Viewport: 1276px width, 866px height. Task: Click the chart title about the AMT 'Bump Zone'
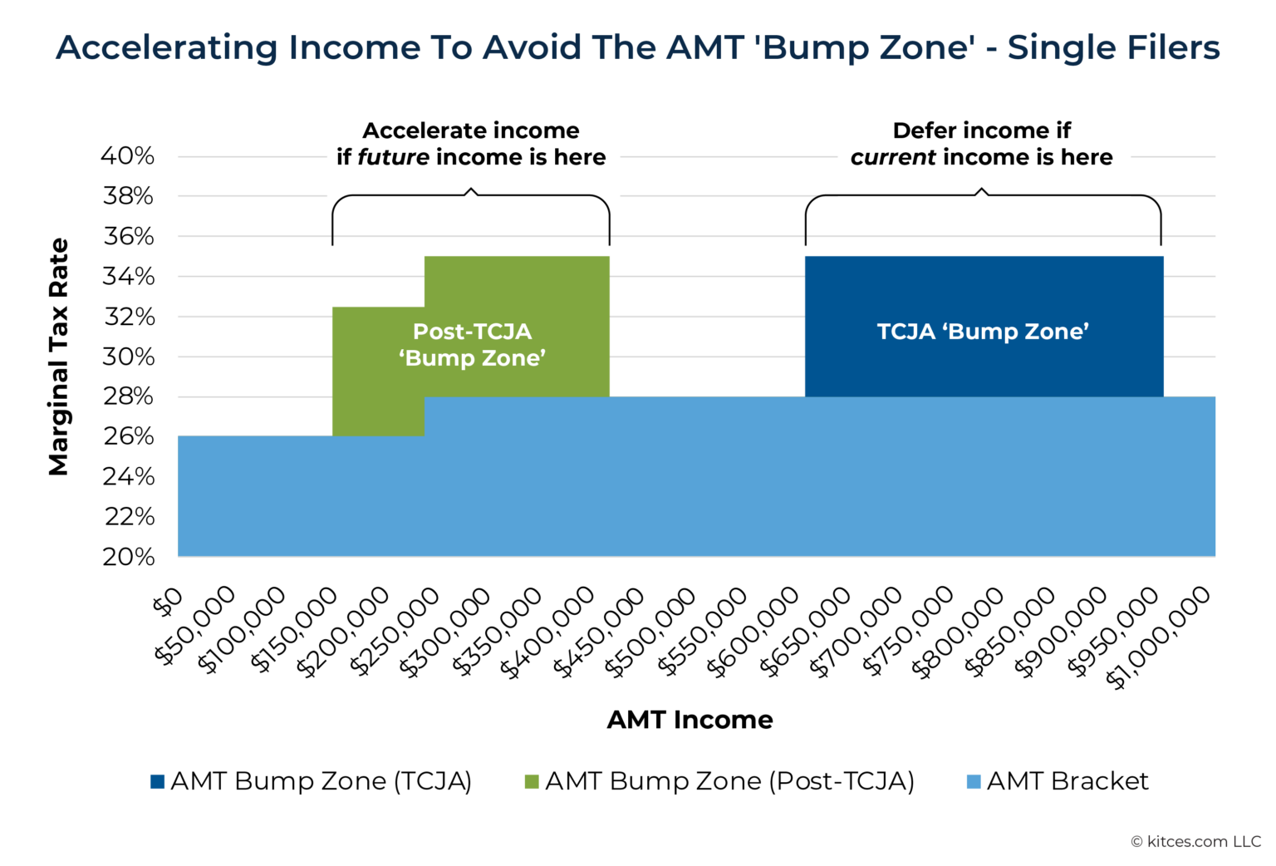coord(637,47)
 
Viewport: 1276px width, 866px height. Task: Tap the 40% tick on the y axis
coord(128,156)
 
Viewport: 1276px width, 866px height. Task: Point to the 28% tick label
coord(128,396)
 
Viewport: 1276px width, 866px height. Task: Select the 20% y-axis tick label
coord(128,557)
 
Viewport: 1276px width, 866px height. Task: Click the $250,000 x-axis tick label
coord(394,632)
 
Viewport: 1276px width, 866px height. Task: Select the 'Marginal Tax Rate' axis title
coord(58,357)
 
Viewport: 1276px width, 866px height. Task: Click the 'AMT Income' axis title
coord(690,720)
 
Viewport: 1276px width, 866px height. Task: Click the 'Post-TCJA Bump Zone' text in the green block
coord(472,345)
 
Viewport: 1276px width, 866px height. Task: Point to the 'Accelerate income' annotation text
coord(471,130)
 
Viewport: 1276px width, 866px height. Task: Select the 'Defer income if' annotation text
coord(981,130)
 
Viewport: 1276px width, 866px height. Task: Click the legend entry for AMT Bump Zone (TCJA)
coord(312,781)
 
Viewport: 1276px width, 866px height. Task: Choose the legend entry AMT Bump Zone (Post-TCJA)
coord(719,781)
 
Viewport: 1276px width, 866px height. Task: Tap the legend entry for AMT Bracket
coord(1058,781)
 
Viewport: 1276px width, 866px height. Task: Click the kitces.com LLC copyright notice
coord(1195,842)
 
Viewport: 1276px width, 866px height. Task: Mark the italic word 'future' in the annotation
coord(393,157)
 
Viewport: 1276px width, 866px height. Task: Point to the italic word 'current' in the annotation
coord(893,157)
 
